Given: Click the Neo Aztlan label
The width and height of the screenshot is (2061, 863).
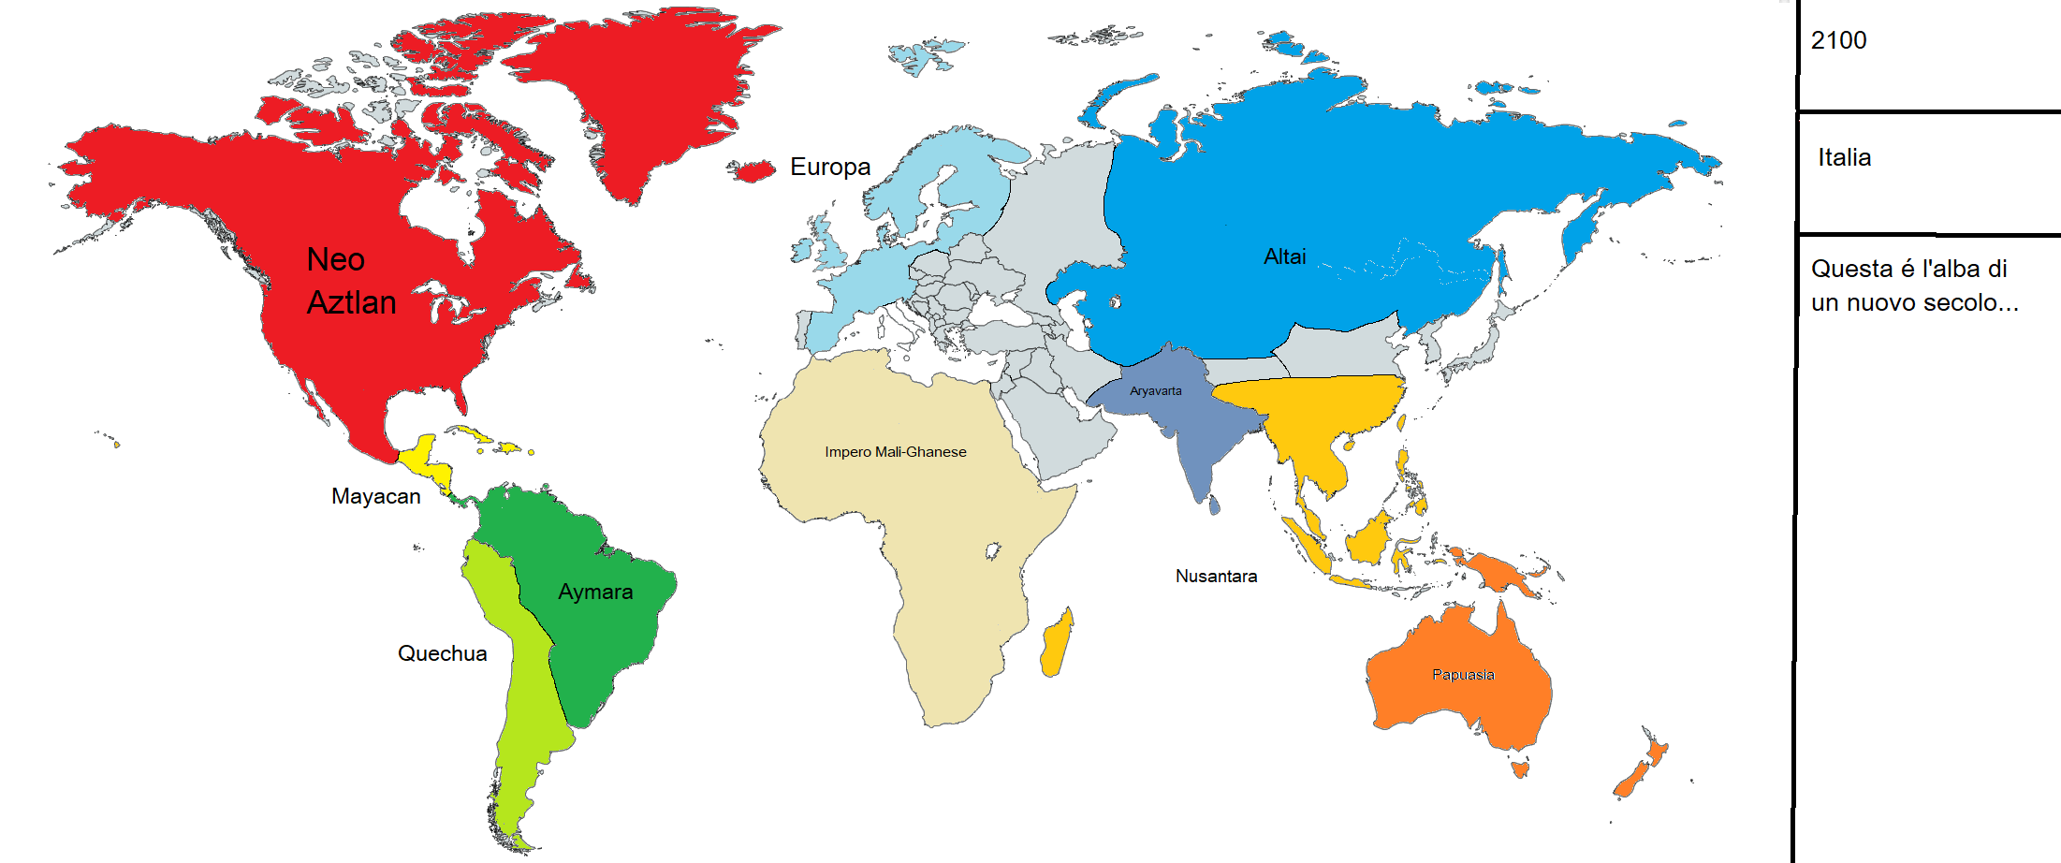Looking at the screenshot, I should click(351, 281).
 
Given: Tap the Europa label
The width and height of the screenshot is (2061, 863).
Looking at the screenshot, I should click(830, 168).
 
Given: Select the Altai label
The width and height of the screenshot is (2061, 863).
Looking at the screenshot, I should click(1284, 257).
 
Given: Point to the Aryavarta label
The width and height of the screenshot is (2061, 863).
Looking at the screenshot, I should click(1155, 391).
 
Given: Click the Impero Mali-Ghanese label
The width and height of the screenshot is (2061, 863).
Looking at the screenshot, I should click(895, 452).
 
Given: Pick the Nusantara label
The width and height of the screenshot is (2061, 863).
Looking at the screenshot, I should click(1216, 577).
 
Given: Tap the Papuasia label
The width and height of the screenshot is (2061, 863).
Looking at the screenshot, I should click(1463, 675).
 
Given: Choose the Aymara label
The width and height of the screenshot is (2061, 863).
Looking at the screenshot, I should click(595, 592).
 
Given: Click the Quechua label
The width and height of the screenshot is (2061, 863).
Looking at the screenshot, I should click(442, 653).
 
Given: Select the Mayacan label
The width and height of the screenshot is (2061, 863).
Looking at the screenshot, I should click(375, 497).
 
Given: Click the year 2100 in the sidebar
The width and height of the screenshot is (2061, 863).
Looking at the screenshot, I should click(1838, 41).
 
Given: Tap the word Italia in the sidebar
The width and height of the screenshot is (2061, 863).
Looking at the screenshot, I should click(1844, 158).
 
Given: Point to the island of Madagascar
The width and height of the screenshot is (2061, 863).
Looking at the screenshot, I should click(1057, 643).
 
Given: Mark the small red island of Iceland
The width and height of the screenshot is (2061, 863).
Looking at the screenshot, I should click(752, 170).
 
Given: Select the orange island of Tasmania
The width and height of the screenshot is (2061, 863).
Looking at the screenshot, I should click(1520, 769).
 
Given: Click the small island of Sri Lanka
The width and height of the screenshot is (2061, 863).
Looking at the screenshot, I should click(1215, 505).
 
